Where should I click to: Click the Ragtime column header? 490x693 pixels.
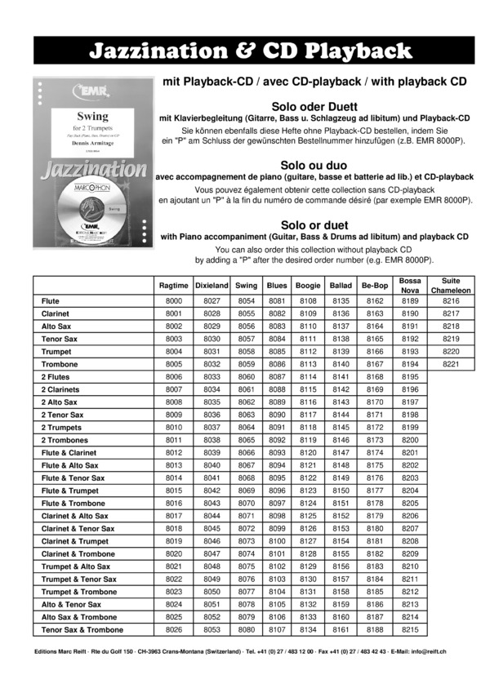173,286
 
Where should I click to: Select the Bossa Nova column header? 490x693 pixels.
410,286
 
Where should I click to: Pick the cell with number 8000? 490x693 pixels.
173,301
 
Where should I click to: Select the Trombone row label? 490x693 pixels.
58,364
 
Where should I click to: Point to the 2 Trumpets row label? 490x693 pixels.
62,427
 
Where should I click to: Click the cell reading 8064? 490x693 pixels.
247,427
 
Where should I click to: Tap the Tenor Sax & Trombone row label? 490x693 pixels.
82,629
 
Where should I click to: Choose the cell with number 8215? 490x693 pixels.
410,629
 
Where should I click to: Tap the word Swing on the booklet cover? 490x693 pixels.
92,117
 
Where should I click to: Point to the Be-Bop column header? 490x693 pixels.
375,286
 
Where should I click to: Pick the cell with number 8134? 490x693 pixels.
308,629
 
